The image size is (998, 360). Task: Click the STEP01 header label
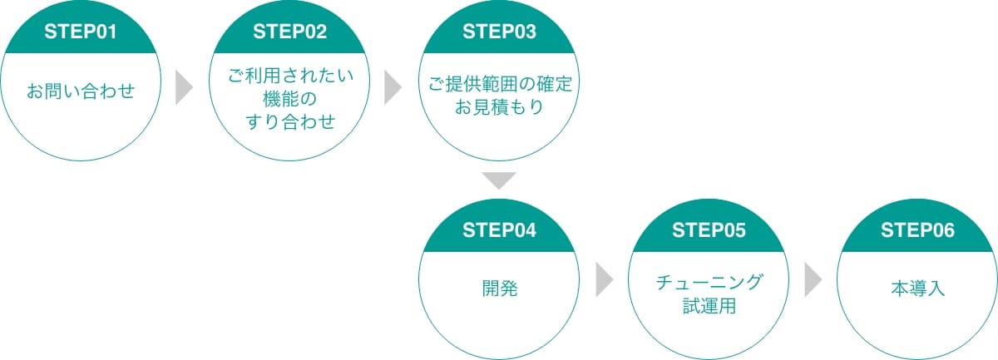point(80,32)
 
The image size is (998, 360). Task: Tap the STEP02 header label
point(289,32)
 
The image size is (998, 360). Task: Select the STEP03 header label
point(499,32)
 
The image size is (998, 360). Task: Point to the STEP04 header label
point(499,230)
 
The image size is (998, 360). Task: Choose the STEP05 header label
point(709,230)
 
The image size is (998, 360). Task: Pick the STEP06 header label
point(917,230)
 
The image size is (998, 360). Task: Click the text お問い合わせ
point(81,91)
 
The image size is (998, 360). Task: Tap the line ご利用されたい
point(290,76)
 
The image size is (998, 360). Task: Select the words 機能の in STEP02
point(289,99)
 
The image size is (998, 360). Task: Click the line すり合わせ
point(290,121)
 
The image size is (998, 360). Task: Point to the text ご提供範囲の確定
point(500,84)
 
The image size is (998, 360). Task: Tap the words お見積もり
point(499,107)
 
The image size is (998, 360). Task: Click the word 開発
point(500,288)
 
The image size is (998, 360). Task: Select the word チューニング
point(709,283)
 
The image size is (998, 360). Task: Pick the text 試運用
point(709,306)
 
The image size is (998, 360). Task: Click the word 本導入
point(918,288)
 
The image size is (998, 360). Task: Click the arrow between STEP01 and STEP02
point(184,87)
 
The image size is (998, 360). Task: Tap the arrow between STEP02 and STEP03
point(393,87)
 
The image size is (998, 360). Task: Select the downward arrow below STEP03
point(499,180)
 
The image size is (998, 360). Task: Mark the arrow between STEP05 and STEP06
point(813,280)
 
